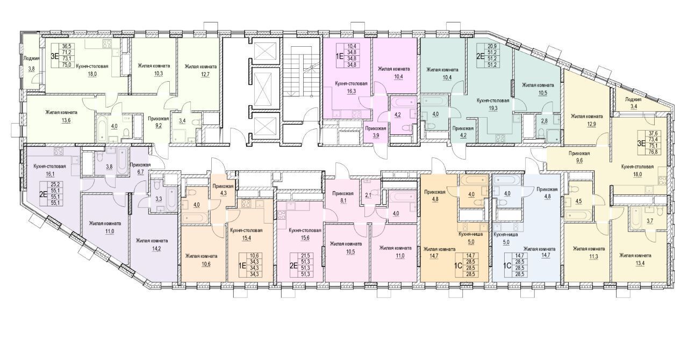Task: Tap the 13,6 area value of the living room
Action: pos(66,120)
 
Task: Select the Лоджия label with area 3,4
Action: pos(633,99)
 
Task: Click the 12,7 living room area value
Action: pos(200,74)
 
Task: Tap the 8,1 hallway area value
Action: pos(343,201)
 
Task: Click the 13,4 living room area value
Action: pos(635,263)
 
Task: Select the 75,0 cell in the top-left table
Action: pos(67,64)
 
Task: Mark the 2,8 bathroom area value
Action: pos(544,121)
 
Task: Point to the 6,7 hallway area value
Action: pos(140,172)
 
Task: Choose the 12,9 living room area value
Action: pos(586,124)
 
